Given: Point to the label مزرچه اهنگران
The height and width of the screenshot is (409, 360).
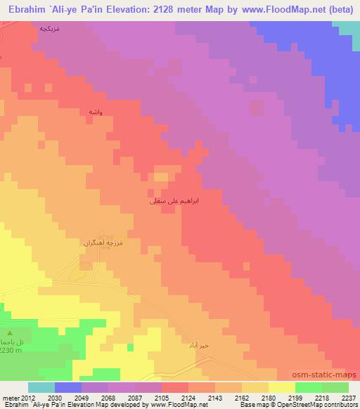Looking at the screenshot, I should [103, 242].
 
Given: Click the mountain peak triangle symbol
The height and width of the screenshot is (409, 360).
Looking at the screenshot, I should [9, 332].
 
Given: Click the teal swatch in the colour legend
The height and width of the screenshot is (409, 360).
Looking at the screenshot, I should [41, 387].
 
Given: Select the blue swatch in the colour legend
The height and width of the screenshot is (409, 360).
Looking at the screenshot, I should [67, 387].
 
